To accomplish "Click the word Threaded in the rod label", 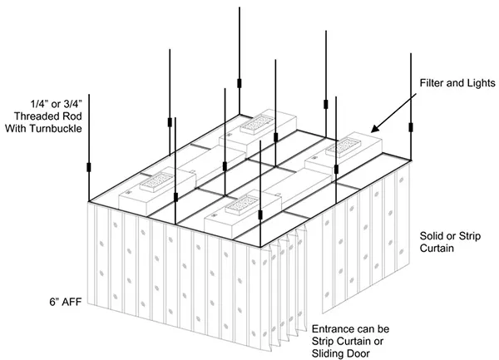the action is tap(32, 116).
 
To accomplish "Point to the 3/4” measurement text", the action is tap(73, 104).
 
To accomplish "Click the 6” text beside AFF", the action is tap(54, 302).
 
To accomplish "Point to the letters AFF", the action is tap(72, 302).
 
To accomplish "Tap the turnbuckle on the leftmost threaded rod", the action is tap(89, 167).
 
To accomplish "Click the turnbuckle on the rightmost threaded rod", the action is tap(411, 127).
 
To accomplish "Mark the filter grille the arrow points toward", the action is tap(343, 147).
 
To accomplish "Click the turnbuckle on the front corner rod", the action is tap(260, 215).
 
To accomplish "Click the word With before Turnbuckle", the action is tap(16, 129).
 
